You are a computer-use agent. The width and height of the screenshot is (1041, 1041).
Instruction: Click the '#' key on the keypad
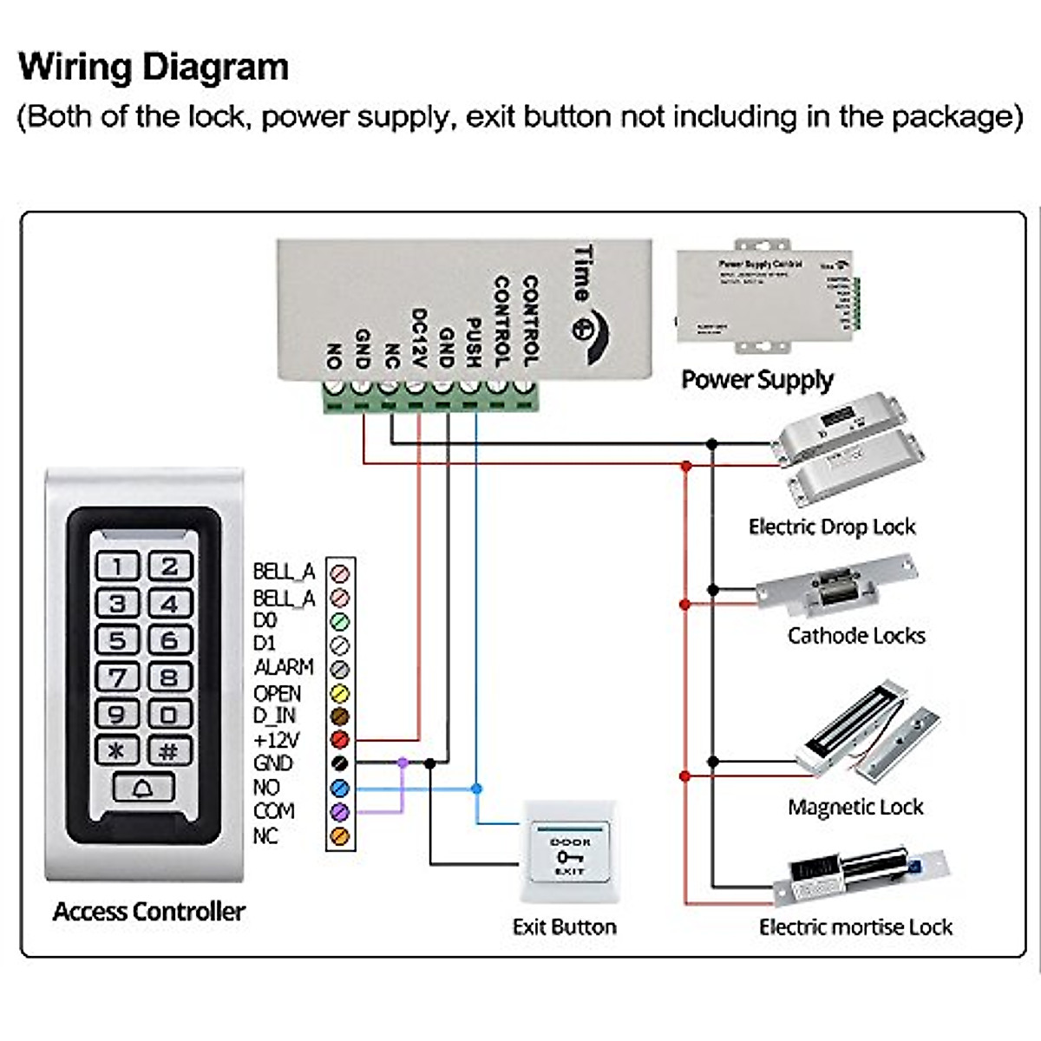coord(169,750)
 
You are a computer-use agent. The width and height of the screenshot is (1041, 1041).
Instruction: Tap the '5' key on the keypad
coord(117,640)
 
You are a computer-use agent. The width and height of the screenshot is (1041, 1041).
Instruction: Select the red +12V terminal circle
coord(340,740)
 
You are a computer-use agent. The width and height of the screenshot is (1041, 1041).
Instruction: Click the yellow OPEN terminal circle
coord(340,693)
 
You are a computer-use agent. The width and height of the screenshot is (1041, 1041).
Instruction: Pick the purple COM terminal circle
coord(340,812)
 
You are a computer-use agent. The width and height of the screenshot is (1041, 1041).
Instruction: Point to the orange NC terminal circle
coord(340,836)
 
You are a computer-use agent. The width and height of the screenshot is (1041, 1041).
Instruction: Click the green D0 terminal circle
coord(340,621)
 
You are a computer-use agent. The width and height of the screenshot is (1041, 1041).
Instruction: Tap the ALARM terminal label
coord(283,667)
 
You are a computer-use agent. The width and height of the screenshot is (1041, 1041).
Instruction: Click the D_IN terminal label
coord(274,716)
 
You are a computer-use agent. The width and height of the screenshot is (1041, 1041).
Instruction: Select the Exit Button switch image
coord(569,855)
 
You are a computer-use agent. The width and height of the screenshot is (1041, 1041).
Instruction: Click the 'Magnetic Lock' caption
coord(855,808)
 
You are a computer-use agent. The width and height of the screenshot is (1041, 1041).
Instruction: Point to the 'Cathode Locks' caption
coord(856,636)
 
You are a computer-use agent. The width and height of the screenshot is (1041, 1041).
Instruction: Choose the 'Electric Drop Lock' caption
coord(832,527)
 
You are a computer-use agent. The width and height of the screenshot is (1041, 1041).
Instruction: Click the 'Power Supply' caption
coord(756,380)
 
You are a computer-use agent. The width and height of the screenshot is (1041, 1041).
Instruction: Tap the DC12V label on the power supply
coord(418,338)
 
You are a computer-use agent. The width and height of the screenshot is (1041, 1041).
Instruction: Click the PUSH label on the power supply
coord(473,342)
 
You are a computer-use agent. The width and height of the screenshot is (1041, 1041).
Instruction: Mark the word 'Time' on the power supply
coord(584,273)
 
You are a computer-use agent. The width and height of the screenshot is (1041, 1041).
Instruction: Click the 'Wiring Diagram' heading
coord(154,67)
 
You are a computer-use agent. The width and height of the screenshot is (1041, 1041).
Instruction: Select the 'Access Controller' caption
coord(148,911)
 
